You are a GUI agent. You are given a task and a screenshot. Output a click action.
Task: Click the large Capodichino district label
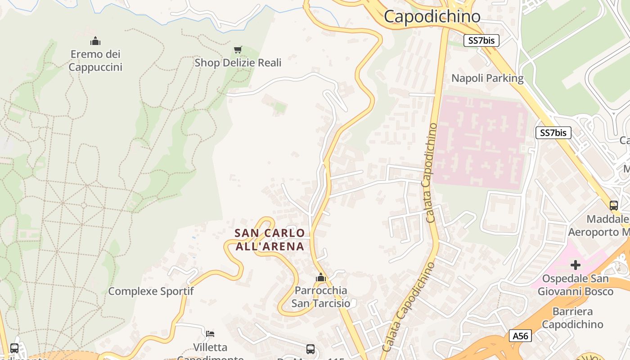[x=432, y=17]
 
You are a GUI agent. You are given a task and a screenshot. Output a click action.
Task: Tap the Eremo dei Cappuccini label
[x=95, y=61]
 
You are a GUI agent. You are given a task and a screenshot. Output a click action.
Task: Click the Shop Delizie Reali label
[x=238, y=63]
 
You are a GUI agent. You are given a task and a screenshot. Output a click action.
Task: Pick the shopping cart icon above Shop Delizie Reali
[x=238, y=49]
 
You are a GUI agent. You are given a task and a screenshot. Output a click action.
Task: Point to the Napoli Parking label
[x=487, y=78]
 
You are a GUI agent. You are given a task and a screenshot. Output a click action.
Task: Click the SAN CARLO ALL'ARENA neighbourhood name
[x=270, y=239]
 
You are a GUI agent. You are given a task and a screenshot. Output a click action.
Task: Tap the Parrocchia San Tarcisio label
[x=320, y=297]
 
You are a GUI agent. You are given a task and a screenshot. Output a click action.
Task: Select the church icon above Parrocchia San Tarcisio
[x=320, y=278]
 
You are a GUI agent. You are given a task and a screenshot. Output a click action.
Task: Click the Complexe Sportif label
[x=151, y=291]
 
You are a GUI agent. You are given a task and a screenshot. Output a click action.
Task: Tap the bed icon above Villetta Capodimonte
[x=210, y=334]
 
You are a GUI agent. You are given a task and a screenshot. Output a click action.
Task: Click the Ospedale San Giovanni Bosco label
[x=575, y=285]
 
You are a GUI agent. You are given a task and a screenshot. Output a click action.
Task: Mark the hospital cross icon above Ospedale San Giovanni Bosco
[x=575, y=265]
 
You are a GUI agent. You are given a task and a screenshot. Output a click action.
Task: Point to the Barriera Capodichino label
[x=572, y=318]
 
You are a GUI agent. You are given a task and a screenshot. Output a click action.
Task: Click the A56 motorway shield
[x=521, y=336]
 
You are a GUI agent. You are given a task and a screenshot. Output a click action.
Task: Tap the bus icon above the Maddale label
[x=613, y=206]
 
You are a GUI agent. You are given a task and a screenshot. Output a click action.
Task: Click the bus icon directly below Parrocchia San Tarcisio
[x=310, y=349]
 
